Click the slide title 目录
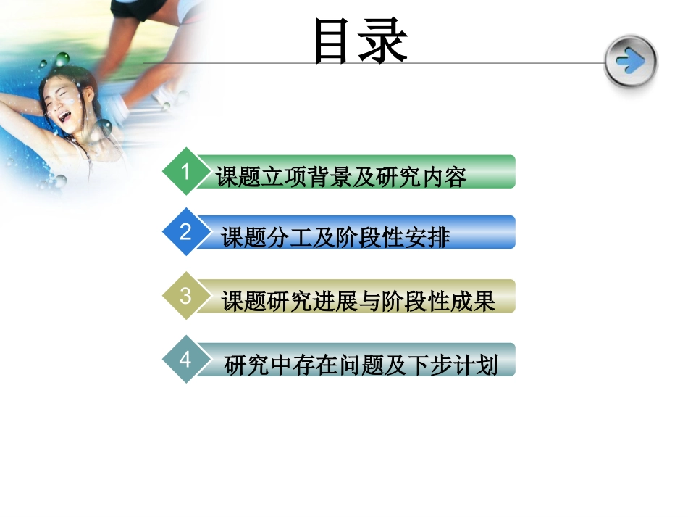pyautogui.click(x=360, y=41)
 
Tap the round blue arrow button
pyautogui.click(x=631, y=62)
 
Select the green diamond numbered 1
pyautogui.click(x=186, y=172)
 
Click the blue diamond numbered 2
pyautogui.click(x=186, y=232)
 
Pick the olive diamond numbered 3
pyautogui.click(x=186, y=296)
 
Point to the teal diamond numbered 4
pyautogui.click(x=186, y=359)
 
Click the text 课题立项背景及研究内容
pyautogui.click(x=341, y=176)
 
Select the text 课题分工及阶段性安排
pyautogui.click(x=335, y=237)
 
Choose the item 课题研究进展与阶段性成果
pyautogui.click(x=358, y=300)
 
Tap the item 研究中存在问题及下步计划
pyautogui.click(x=361, y=364)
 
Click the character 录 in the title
pyautogui.click(x=385, y=41)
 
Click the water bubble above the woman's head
pyautogui.click(x=62, y=58)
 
